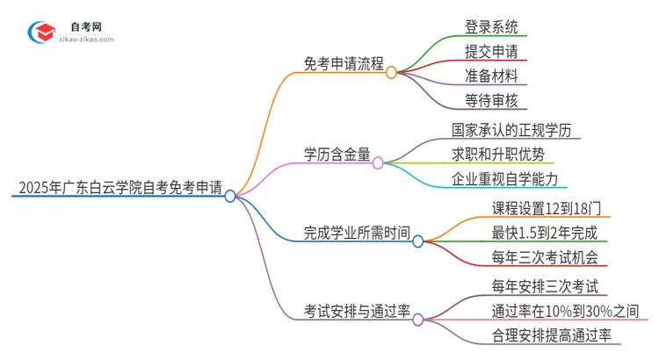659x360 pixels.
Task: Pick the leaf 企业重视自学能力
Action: pos(504,179)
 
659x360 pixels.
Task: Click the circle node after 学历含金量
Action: pos(378,162)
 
